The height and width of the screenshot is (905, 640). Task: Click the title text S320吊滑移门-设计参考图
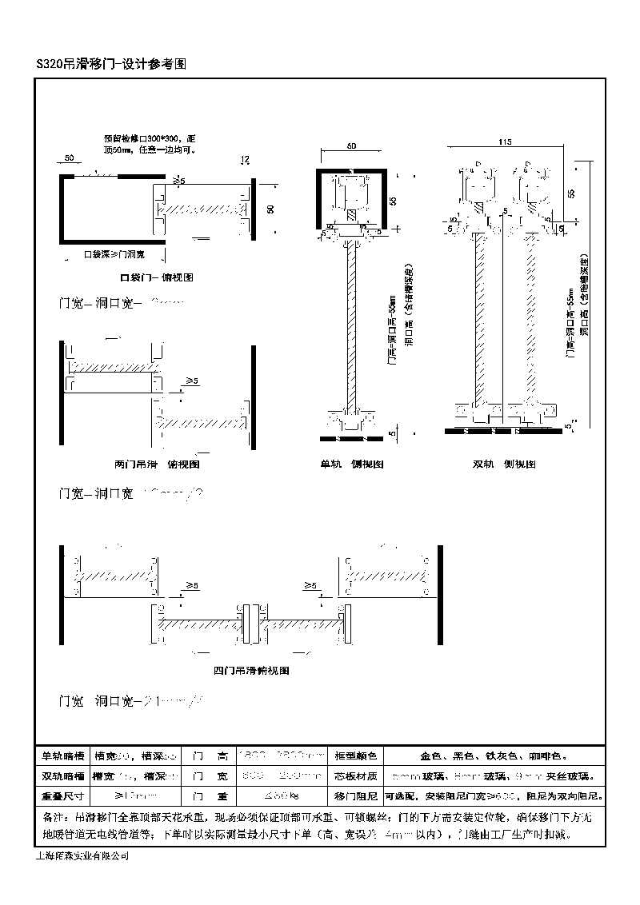111,65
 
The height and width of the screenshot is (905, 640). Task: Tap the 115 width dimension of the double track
504,142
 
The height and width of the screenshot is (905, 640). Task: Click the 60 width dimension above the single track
352,146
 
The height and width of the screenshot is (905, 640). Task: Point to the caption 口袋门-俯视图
157,277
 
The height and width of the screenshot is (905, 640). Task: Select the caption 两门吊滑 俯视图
157,464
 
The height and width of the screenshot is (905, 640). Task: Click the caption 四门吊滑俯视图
251,671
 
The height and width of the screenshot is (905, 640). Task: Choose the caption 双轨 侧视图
504,464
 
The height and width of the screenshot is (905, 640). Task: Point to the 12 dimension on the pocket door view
245,159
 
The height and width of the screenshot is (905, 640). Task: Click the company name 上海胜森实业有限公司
83,856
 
